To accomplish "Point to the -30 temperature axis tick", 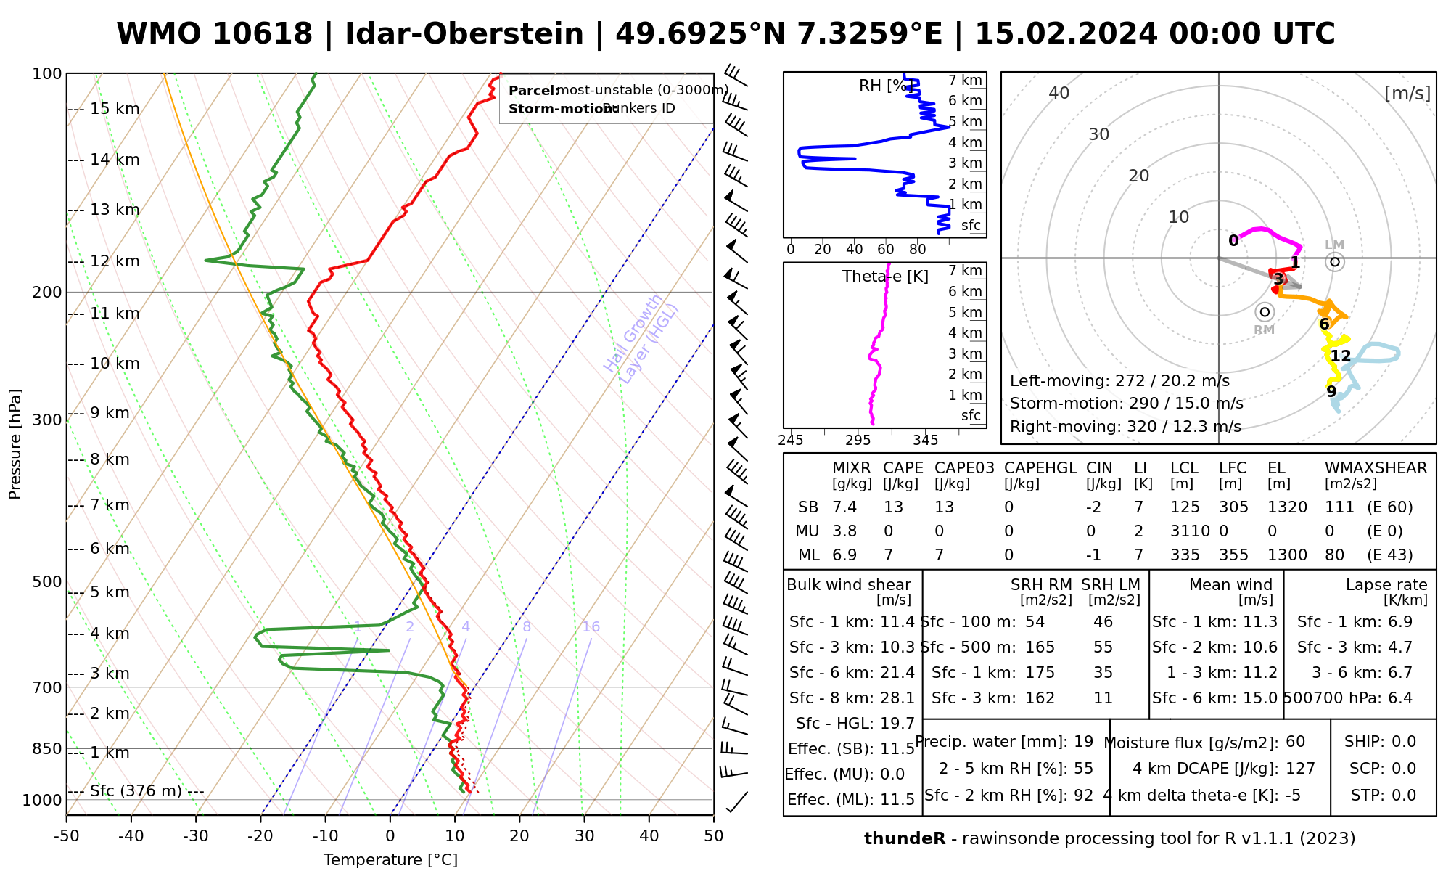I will point(196,836).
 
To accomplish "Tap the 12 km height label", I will point(115,261).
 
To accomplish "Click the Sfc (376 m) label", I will point(136,791).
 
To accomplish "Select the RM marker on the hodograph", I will point(1265,312).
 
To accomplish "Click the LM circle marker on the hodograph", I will point(1335,262).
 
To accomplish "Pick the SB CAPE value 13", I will point(893,507).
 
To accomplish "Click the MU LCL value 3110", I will point(1190,531).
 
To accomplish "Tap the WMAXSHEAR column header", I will point(1376,468).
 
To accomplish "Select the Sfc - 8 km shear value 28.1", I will point(897,698).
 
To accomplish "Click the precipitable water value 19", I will point(1083,742).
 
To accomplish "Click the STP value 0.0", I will point(1404,796).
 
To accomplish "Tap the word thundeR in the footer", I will point(904,839).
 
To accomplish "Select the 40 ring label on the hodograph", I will point(1059,93).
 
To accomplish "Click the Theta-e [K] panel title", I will point(885,277).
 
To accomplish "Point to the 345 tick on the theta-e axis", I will point(925,441).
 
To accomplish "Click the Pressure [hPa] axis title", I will point(15,444).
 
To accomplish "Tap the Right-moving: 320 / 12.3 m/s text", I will point(1125,427).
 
